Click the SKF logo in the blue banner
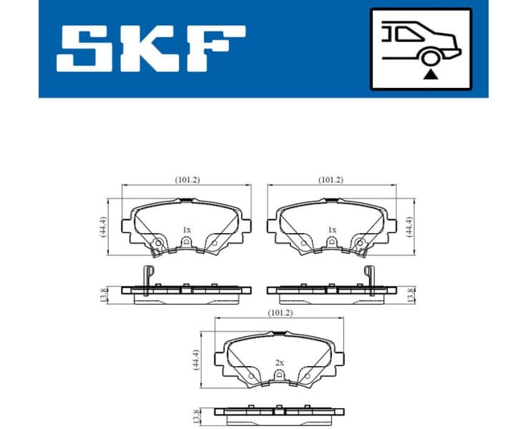151,49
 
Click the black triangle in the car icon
429,73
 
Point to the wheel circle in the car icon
429,59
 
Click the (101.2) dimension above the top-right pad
331,180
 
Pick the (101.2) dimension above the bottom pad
279,312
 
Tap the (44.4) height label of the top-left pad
103,227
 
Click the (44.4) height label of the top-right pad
410,227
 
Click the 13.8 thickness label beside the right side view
410,295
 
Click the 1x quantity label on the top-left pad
187,230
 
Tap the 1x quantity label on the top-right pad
331,230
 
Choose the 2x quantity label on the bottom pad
280,363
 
